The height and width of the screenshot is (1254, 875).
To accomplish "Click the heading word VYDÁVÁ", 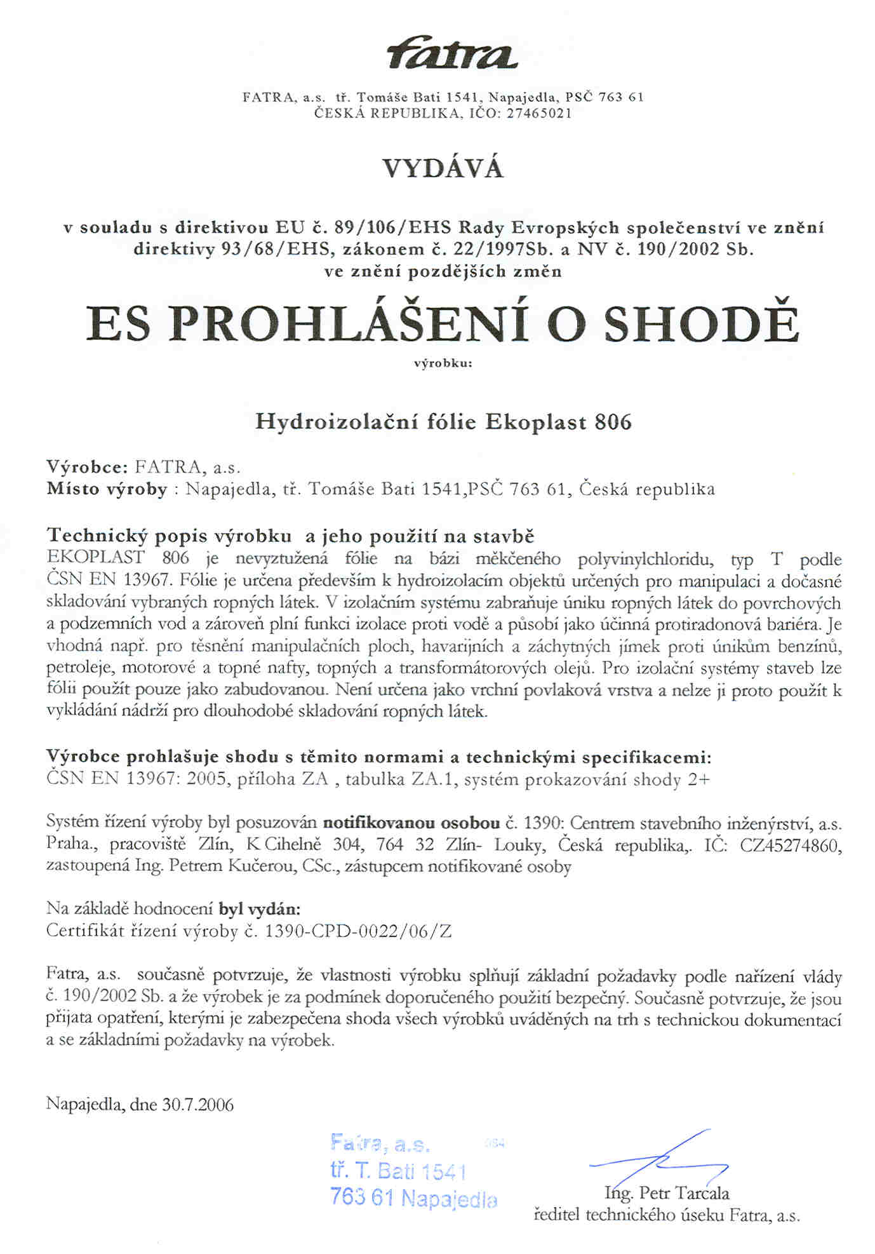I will click(443, 169).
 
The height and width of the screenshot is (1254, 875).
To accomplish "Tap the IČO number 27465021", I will click(538, 114).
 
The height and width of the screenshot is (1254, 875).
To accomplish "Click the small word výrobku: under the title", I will click(443, 364).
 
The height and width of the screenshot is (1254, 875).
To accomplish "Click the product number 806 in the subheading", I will click(613, 422).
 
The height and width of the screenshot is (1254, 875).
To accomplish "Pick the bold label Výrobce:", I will click(88, 467).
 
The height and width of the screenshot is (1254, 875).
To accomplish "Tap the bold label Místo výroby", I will click(106, 489).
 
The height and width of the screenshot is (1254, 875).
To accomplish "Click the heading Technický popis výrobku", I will click(169, 536).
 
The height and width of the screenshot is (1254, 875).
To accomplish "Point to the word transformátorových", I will click(472, 668).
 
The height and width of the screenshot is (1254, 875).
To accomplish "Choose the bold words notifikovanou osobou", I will click(411, 824).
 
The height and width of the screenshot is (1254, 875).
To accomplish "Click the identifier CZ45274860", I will click(791, 846).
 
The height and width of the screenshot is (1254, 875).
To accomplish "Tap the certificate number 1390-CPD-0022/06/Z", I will click(358, 931).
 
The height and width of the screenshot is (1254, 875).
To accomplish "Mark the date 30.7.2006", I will click(197, 1105).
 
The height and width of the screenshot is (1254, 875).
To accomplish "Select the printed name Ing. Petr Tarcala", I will click(667, 1194).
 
